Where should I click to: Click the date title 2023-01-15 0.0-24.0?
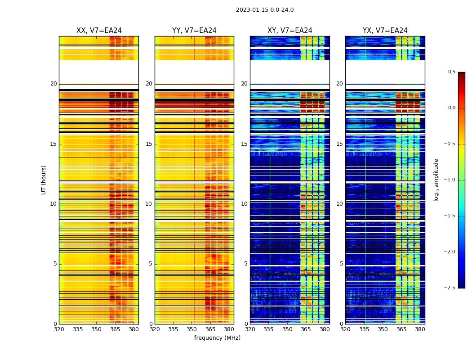click(265, 10)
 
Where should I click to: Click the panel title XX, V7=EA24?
click(99, 31)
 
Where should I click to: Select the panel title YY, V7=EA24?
click(194, 31)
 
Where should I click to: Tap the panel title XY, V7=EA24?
click(290, 31)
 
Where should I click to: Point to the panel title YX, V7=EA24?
click(385, 31)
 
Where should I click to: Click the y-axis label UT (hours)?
click(44, 180)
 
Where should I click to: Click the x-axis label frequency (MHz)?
click(217, 338)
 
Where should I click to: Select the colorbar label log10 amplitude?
click(436, 180)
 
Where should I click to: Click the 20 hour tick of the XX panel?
click(54, 84)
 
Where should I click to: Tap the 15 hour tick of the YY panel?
click(149, 144)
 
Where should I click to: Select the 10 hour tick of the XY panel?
click(245, 204)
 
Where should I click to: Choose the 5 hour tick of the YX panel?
click(342, 264)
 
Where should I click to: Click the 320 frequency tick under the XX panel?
click(59, 329)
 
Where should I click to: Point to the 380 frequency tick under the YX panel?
click(420, 329)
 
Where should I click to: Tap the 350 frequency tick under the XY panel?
click(287, 329)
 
